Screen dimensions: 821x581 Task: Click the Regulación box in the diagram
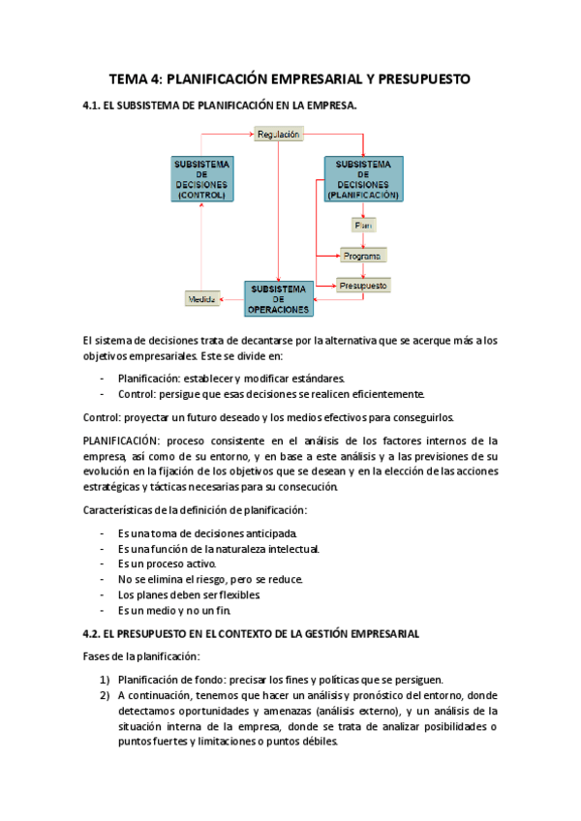(x=278, y=136)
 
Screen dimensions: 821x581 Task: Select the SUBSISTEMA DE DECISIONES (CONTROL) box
(x=201, y=178)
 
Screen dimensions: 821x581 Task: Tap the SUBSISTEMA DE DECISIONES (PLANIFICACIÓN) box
(x=363, y=178)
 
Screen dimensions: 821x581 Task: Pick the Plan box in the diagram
(x=363, y=225)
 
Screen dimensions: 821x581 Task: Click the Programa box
(x=363, y=256)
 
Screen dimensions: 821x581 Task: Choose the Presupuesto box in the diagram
(x=363, y=286)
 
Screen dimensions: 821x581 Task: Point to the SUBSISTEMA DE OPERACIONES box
(x=279, y=299)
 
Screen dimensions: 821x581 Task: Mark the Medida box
(x=201, y=300)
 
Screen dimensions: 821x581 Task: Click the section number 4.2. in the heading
(x=98, y=633)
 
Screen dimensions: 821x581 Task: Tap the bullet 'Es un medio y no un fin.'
(x=174, y=611)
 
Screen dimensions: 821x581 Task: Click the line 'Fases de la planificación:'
(x=141, y=655)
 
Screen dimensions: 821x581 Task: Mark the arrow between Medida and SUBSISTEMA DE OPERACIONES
(x=231, y=300)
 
